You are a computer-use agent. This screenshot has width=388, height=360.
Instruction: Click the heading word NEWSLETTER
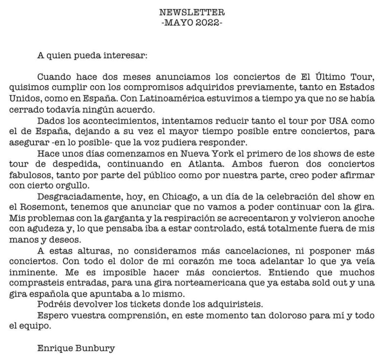click(192, 13)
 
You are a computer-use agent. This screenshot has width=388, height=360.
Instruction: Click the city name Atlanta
click(207, 164)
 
